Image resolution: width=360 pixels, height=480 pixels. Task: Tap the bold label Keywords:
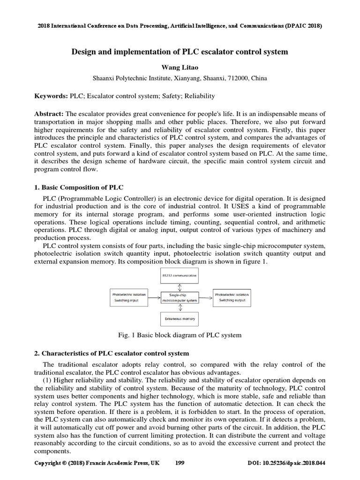[x=51, y=96]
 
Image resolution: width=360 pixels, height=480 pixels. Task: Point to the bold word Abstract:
[x=49, y=114]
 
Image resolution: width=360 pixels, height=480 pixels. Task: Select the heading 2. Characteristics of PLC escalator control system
[x=112, y=353]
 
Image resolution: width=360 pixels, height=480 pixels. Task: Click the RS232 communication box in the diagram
[x=179, y=276]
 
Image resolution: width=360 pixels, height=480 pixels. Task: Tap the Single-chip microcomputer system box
[x=179, y=298]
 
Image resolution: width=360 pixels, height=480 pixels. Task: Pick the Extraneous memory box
[x=179, y=319]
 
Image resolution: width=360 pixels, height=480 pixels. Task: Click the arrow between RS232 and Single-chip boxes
[x=180, y=286]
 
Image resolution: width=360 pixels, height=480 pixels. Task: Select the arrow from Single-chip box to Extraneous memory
[x=180, y=308]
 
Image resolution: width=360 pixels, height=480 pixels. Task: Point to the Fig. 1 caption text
[x=180, y=335]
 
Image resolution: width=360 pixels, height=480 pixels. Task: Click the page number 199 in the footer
[x=180, y=463]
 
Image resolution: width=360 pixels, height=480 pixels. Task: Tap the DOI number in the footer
[x=286, y=463]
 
